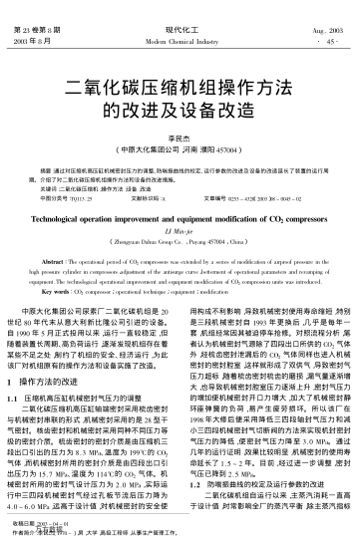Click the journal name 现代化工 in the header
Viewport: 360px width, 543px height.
pos(180,8)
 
